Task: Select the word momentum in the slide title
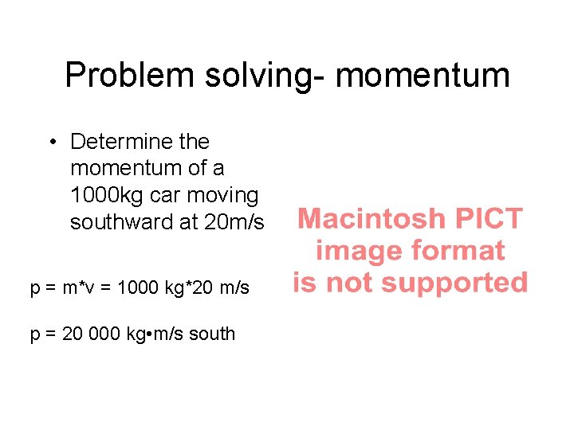pyautogui.click(x=423, y=76)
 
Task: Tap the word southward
pyautogui.click(x=120, y=222)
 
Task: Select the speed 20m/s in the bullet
pyautogui.click(x=234, y=222)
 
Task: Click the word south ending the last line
pyautogui.click(x=213, y=333)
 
